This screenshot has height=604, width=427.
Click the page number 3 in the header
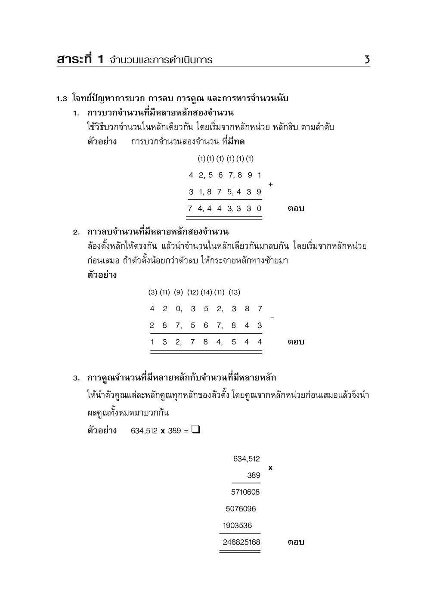coord(367,59)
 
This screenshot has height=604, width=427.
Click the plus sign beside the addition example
coord(270,184)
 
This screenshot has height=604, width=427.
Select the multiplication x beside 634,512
coord(270,468)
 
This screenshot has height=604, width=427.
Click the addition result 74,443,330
coord(225,209)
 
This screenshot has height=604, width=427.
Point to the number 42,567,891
coord(225,175)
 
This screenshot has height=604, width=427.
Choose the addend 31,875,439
coord(225,192)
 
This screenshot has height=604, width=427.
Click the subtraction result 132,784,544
coord(206,342)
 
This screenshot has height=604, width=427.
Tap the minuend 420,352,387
coord(206,309)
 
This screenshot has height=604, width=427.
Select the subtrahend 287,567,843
coord(206,325)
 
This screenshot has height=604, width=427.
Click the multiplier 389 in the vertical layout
coord(253,475)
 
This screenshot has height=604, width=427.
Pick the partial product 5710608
coord(245,492)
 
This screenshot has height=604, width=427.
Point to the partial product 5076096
coord(241,509)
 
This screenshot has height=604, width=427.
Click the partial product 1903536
coord(237,526)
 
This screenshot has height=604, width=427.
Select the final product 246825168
coord(241,542)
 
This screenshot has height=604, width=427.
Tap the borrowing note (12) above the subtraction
coord(192,292)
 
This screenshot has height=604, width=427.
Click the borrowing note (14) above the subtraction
coord(206,292)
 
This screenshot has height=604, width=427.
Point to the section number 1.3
coord(62,99)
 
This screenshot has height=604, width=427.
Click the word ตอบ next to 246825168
coord(296,542)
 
